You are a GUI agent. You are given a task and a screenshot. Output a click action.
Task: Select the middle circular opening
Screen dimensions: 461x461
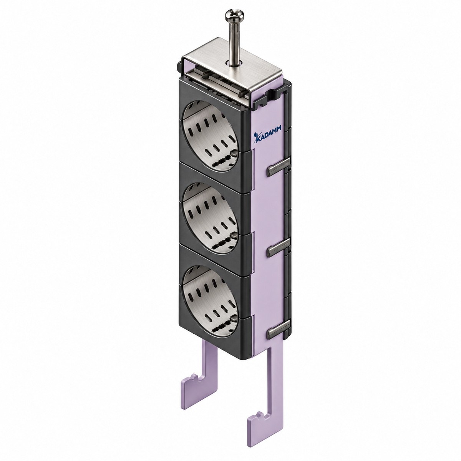tap(211, 218)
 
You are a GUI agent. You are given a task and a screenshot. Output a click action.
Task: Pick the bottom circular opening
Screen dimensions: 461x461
tap(211, 301)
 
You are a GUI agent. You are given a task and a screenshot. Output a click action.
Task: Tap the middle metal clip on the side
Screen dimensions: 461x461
tap(279, 247)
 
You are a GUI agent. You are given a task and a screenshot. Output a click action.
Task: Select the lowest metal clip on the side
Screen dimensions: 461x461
tap(279, 329)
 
